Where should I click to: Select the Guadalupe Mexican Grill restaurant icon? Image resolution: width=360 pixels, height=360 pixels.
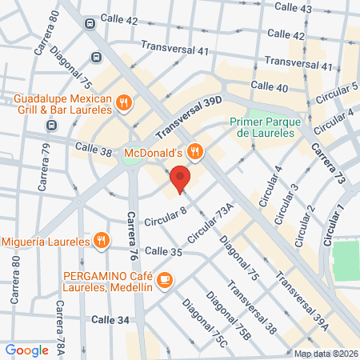tap(123, 102)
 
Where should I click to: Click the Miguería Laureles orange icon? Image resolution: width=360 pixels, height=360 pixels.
tap(101, 238)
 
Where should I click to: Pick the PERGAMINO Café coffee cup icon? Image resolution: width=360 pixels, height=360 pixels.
tap(165, 279)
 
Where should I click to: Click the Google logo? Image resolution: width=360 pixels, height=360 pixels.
tap(26, 350)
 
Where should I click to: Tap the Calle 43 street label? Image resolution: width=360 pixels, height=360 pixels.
tap(293, 7)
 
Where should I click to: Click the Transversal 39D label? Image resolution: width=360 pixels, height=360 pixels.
tap(188, 114)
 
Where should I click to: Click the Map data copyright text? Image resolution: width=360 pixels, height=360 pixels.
tap(325, 353)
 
